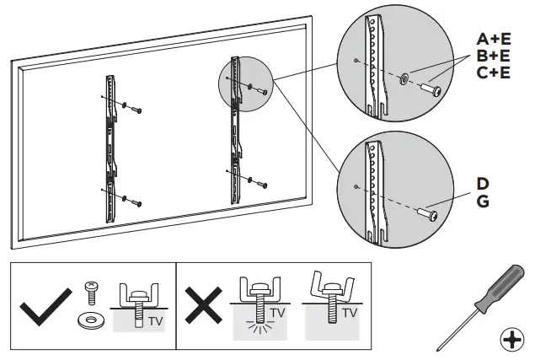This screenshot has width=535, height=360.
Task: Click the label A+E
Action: pos(494,39)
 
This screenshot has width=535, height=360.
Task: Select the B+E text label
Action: pos(494,56)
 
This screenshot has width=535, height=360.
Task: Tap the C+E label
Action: pos(494,73)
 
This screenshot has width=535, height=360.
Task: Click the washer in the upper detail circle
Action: pos(406,78)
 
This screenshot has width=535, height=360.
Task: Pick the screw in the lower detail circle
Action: pos(430,217)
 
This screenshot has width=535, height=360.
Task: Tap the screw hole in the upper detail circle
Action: pos(357,60)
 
